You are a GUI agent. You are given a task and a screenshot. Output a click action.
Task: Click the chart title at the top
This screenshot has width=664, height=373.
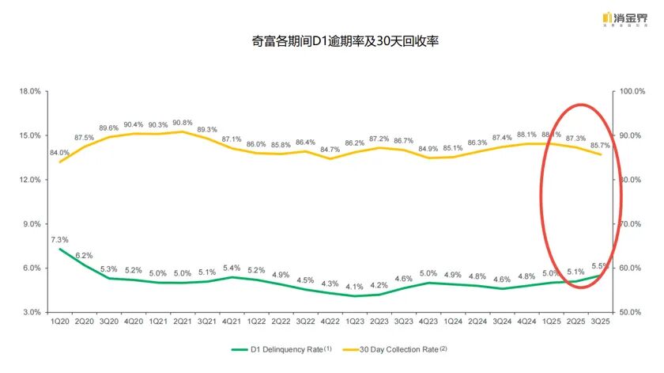pos(331,39)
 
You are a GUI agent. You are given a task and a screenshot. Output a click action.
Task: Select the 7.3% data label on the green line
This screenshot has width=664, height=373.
pos(59,240)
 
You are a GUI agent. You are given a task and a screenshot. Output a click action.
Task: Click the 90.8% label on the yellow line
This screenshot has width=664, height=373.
pos(182,123)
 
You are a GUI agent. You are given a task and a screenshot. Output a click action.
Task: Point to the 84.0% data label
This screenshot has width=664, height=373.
pos(59,153)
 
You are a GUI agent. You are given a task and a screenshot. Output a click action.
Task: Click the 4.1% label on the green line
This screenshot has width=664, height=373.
pos(353,287)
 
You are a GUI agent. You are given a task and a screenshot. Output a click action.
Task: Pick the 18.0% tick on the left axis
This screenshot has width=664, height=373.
pos(29,91)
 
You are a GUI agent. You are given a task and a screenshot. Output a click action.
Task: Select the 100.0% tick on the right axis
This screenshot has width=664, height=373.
pos(632,91)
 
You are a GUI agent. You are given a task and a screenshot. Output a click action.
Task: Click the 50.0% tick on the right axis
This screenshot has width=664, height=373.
pos(630,312)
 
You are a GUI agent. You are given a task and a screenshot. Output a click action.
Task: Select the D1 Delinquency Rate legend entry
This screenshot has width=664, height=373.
pos(281,348)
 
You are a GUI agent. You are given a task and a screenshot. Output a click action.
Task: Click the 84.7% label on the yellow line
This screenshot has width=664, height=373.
pos(330,150)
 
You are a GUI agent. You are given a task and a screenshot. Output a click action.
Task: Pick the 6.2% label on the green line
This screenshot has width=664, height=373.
pos(84,255)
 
